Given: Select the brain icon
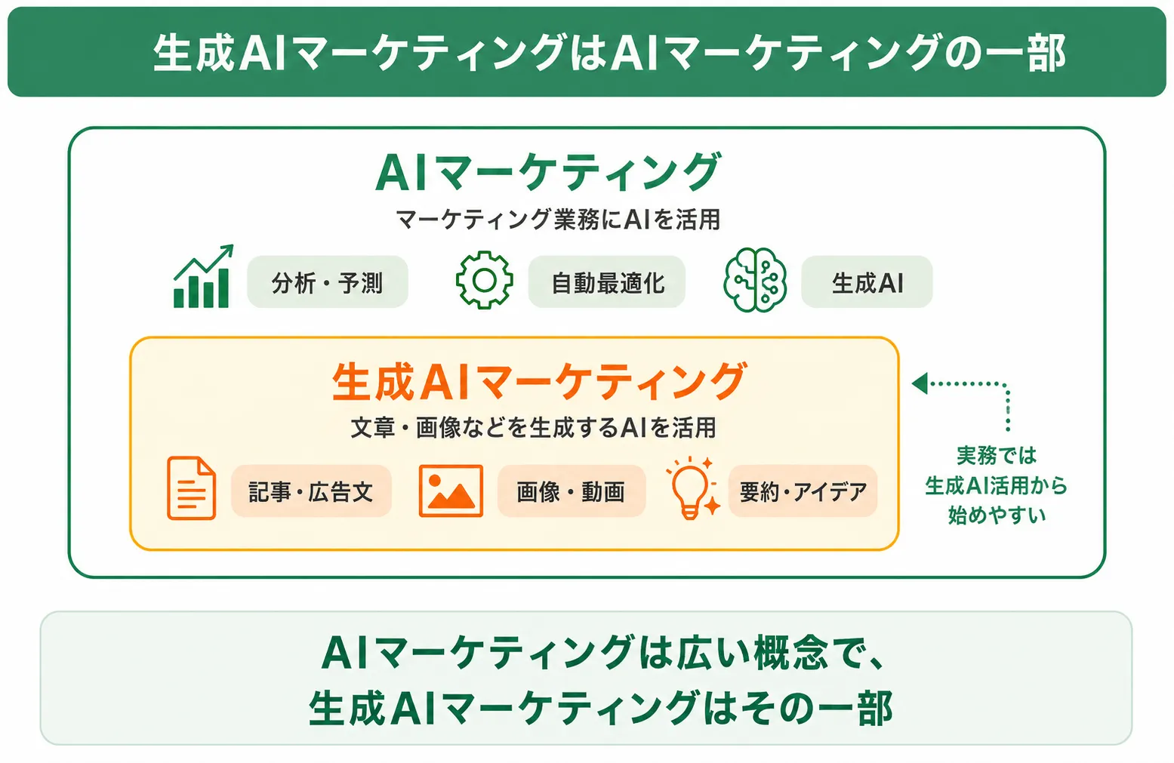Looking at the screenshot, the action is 755,280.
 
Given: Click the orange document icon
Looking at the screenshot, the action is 191,488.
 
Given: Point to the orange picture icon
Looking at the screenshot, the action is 451,491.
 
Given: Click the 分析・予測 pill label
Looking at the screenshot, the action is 328,282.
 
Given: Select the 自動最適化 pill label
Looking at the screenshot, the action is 607,282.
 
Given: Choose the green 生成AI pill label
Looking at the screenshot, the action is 867,282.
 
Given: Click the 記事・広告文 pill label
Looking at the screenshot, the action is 311,491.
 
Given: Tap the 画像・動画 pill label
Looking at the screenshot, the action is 572,491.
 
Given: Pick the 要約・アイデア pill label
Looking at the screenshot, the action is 803,491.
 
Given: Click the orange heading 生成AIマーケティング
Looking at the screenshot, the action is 539,382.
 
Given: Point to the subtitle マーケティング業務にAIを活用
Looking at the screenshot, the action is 558,219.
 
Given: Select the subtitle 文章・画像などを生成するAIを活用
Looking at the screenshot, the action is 533,427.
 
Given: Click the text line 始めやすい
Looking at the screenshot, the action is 997,515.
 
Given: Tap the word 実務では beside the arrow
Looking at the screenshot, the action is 997,455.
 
